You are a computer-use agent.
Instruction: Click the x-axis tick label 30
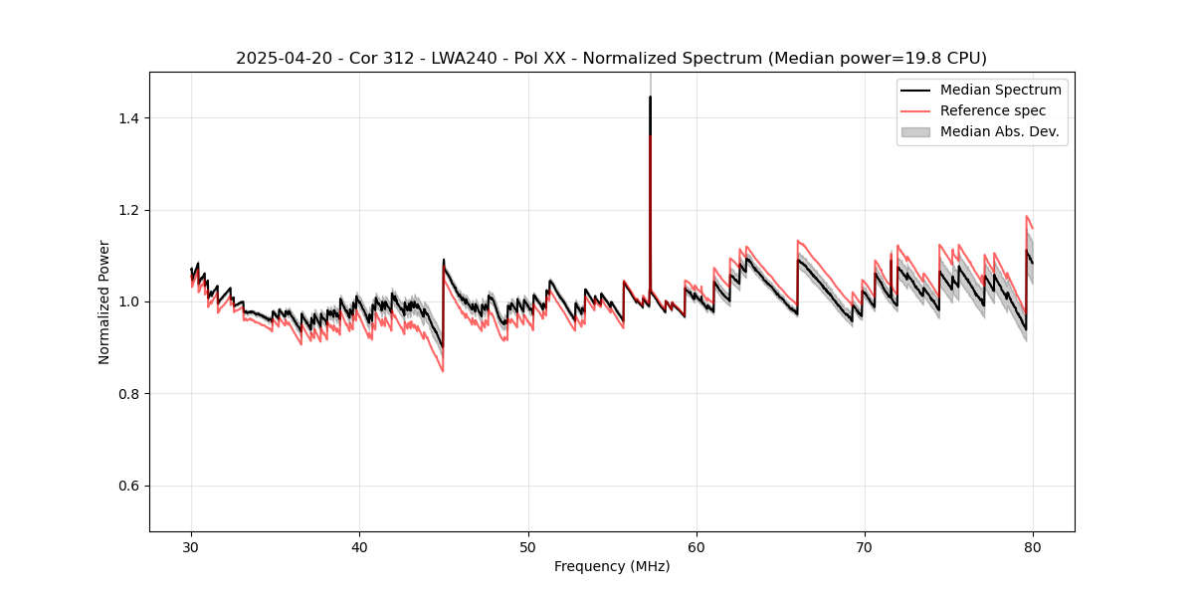[192, 547]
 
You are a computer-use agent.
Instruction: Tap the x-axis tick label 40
[360, 547]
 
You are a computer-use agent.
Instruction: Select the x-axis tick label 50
[528, 547]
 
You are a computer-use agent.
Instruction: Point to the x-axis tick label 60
[696, 547]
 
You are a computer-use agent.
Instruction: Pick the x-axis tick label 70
[865, 547]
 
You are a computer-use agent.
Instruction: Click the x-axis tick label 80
[1033, 547]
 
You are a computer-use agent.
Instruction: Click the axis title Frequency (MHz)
[612, 566]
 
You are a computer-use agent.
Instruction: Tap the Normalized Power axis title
[104, 301]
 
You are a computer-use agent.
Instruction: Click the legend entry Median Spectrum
[1000, 90]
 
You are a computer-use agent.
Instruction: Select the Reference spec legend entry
[993, 110]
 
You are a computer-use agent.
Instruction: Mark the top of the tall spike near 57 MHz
[650, 98]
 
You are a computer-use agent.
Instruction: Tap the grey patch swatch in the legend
[915, 131]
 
